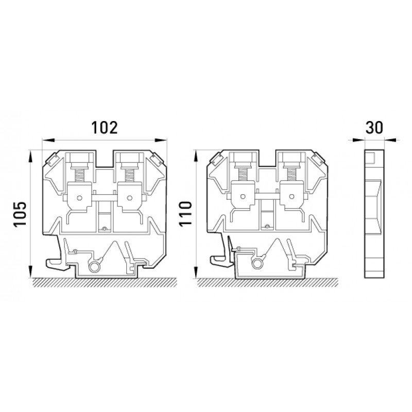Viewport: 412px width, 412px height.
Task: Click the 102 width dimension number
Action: pyautogui.click(x=105, y=127)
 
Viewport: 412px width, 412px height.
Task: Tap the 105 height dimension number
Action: pyautogui.click(x=20, y=214)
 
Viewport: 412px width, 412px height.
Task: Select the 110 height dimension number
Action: pyautogui.click(x=185, y=214)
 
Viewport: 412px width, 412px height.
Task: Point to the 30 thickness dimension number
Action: pyautogui.click(x=374, y=127)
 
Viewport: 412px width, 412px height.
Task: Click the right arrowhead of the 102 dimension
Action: pyautogui.click(x=161, y=140)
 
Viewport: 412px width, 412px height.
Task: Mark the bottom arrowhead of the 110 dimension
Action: pyautogui.click(x=196, y=272)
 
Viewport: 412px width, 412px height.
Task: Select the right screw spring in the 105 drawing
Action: pyautogui.click(x=129, y=175)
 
